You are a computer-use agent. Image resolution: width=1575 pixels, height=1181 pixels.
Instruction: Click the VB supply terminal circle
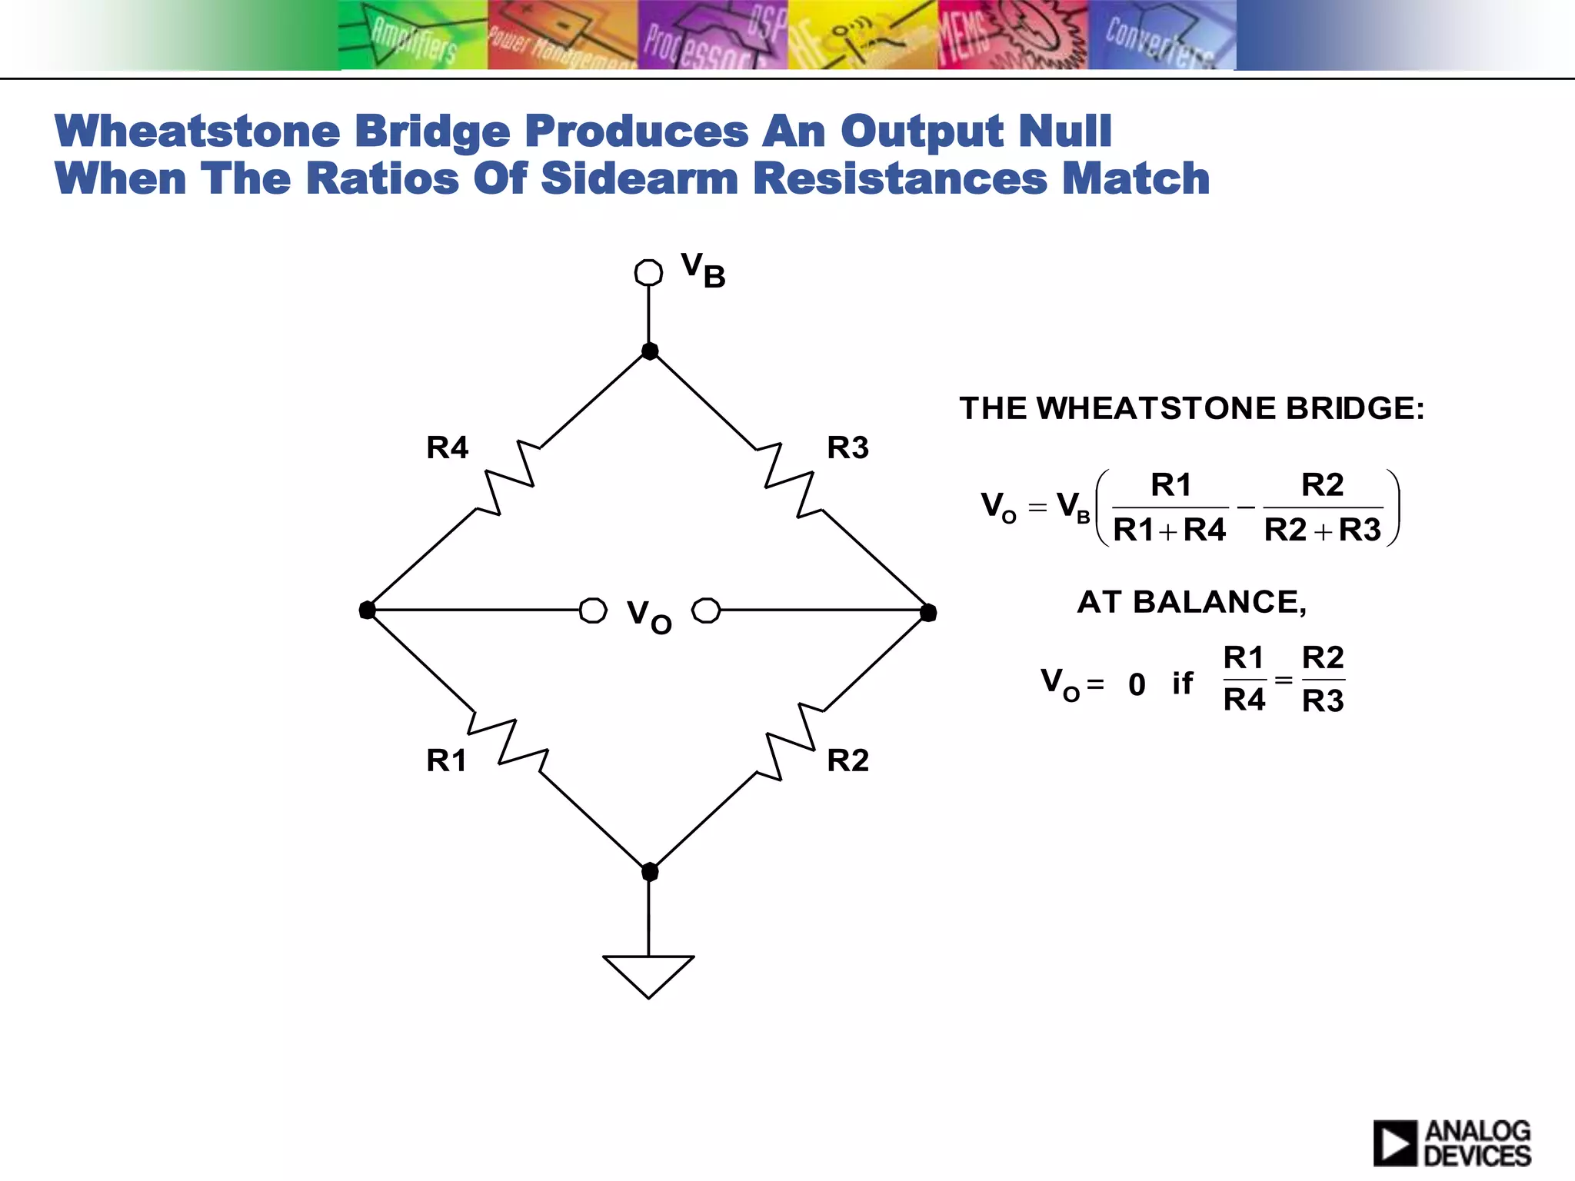(x=648, y=272)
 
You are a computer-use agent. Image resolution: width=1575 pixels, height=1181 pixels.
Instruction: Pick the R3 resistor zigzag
(x=790, y=479)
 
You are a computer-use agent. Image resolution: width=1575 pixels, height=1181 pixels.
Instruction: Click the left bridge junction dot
(x=368, y=610)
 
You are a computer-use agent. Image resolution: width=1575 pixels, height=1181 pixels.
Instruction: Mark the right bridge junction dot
(x=928, y=612)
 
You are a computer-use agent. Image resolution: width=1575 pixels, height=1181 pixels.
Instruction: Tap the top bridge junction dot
(x=650, y=351)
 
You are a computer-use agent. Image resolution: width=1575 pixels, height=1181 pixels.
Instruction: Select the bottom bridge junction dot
(x=650, y=872)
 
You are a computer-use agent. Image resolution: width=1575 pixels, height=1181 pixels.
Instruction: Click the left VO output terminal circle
(x=593, y=610)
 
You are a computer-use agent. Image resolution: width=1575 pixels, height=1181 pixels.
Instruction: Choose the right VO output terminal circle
(x=706, y=610)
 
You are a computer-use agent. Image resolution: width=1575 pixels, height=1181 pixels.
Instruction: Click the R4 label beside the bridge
(x=447, y=447)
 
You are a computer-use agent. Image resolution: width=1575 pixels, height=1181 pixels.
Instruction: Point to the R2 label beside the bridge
(x=847, y=760)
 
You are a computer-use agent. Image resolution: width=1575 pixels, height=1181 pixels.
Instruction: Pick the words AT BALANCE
(x=1190, y=602)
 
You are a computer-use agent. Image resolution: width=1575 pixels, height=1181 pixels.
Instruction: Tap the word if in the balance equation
(x=1183, y=683)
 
